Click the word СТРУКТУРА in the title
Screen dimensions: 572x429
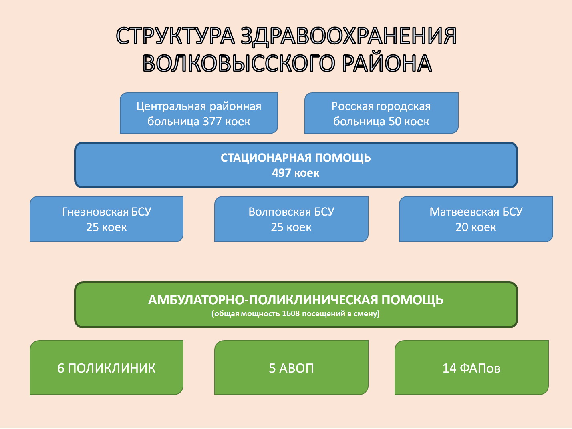point(175,36)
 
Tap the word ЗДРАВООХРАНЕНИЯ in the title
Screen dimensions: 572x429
point(348,36)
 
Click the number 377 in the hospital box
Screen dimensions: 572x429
point(212,122)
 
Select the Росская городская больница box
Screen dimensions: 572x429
point(381,113)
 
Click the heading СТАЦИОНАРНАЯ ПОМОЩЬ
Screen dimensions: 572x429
point(296,158)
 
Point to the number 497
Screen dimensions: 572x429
point(281,173)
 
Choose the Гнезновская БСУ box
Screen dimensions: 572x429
point(107,219)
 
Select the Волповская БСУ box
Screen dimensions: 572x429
point(291,219)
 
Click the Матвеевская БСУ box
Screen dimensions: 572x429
point(476,219)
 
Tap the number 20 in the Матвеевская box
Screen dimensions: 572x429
point(462,227)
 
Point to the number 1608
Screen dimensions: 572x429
point(290,313)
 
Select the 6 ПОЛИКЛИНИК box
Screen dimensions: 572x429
point(107,367)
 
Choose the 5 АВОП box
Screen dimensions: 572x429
point(291,367)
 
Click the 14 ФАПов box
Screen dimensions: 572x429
point(472,367)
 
